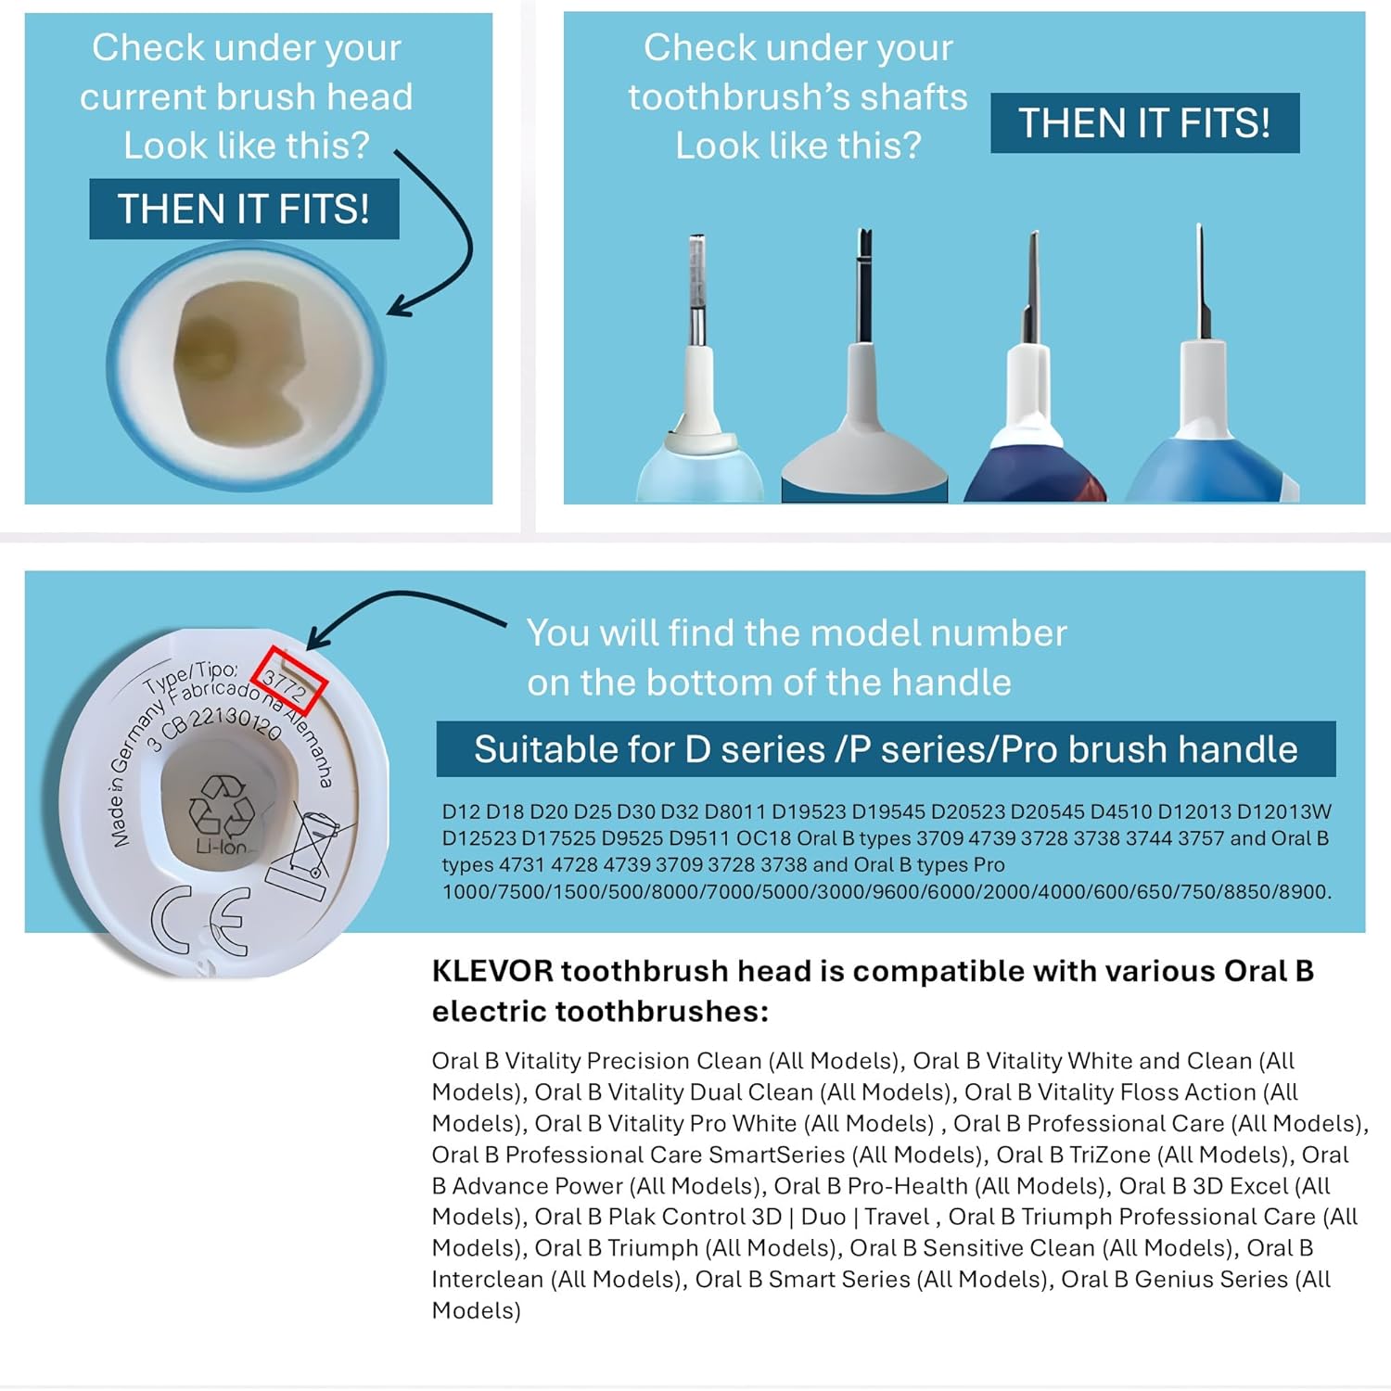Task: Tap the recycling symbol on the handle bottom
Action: (x=221, y=805)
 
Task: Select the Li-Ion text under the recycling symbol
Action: (x=221, y=847)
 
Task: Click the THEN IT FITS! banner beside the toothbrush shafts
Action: (x=1144, y=123)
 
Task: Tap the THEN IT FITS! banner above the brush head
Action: (x=244, y=209)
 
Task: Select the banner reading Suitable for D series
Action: (x=886, y=749)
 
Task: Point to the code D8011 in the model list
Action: (x=734, y=811)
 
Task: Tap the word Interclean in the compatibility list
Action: (x=488, y=1279)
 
